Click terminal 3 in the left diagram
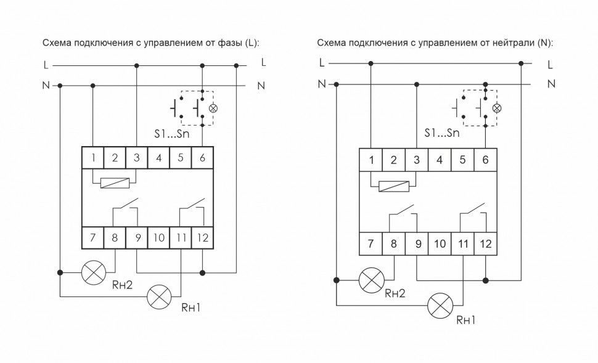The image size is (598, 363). click(x=136, y=158)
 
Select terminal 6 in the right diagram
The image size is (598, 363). click(x=485, y=160)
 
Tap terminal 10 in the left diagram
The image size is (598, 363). click(x=158, y=237)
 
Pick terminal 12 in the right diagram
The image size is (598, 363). click(x=485, y=244)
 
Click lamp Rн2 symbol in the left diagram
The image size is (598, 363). click(x=93, y=272)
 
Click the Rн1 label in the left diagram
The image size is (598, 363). click(x=189, y=306)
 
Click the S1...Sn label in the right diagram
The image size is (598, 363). click(x=443, y=133)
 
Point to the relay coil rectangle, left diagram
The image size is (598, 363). click(x=115, y=182)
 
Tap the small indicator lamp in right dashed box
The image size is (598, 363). click(x=498, y=108)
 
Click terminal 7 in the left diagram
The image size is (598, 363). click(x=92, y=237)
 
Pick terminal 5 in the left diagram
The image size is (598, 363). click(x=180, y=158)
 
